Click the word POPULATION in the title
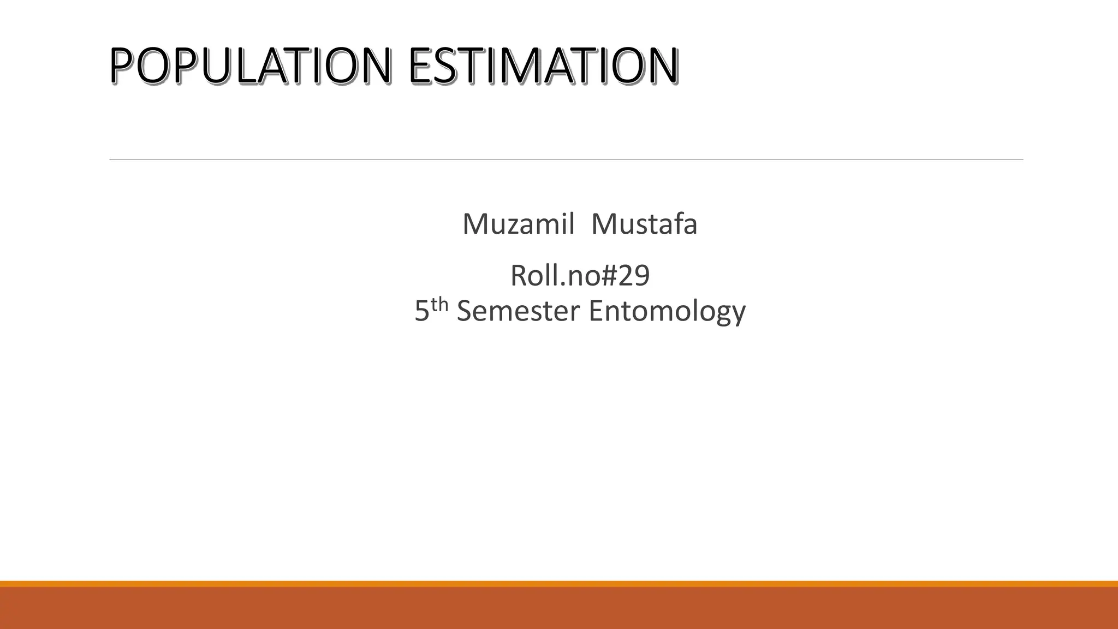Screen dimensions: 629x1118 tap(250, 66)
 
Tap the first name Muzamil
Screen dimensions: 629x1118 tap(518, 224)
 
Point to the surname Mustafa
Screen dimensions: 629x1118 tap(644, 224)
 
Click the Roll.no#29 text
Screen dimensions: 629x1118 tap(580, 275)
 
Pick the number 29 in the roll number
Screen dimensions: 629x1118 tap(634, 275)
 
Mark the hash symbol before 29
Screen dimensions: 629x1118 tap(608, 276)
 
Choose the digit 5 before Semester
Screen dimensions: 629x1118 tap(421, 311)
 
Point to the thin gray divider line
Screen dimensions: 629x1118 tap(566, 159)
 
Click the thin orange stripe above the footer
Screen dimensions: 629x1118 tap(559, 584)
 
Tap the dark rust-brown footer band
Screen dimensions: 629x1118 tap(559, 608)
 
